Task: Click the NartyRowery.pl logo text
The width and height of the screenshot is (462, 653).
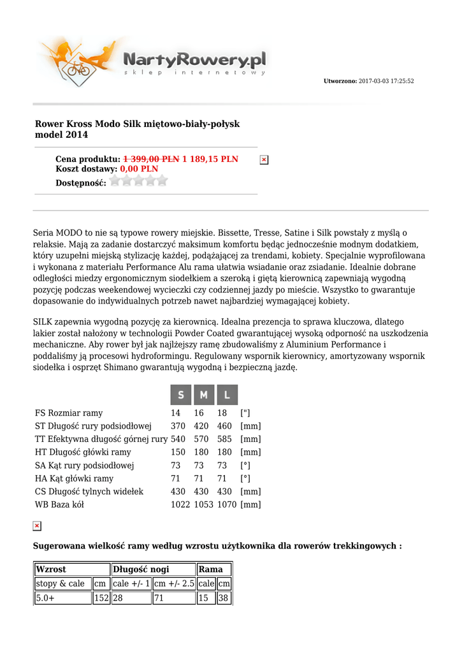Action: point(194,61)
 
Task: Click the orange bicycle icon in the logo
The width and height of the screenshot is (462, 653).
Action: point(78,67)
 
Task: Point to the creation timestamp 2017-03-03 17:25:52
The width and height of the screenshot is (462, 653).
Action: point(386,81)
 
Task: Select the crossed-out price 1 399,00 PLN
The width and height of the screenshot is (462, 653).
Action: point(151,159)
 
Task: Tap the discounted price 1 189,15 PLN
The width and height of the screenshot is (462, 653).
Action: point(210,159)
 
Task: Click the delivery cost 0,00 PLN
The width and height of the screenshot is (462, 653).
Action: point(139,169)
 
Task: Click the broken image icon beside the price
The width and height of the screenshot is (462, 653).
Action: point(264,159)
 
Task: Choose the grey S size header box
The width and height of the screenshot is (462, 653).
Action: point(181,395)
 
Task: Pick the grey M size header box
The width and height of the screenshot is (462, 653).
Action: point(204,395)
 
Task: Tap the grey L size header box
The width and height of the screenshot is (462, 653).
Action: point(227,395)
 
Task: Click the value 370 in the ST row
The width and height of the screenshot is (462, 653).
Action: point(178,426)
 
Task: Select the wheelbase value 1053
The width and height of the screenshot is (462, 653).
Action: point(204,504)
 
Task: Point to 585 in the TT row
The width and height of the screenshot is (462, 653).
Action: point(224,439)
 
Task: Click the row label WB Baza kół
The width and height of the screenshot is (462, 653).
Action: point(59,504)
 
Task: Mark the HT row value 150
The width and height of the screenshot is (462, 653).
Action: point(178,452)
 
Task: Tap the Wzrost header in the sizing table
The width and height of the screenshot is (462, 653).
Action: point(51,569)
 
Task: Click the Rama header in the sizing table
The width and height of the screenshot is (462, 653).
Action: point(210,569)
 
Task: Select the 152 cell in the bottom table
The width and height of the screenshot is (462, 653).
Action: point(101,598)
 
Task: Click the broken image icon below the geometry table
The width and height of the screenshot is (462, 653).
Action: point(37,526)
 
